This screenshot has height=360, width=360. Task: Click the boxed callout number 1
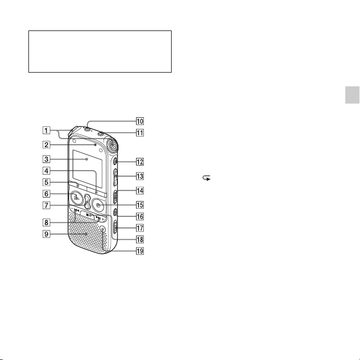point(46,130)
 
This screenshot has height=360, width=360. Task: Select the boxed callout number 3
point(46,159)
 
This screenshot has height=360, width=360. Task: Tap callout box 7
point(46,205)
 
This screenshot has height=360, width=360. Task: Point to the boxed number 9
point(46,234)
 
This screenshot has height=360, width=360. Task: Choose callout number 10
point(140,121)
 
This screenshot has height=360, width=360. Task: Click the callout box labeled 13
point(140,176)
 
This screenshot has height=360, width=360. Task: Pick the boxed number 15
point(140,205)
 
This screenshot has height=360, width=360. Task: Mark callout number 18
point(140,240)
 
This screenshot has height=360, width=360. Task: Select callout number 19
point(140,251)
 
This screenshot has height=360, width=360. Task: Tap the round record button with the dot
point(99,205)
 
